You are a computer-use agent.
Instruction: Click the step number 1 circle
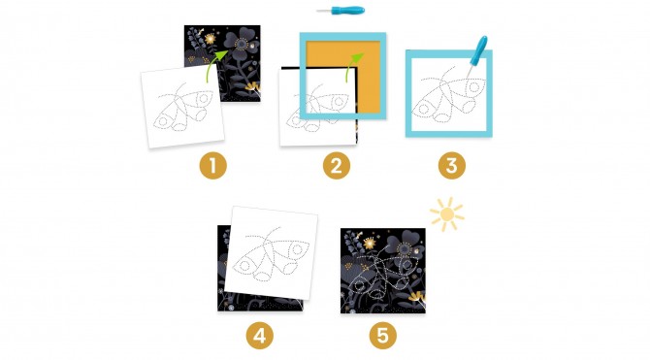coord(213,166)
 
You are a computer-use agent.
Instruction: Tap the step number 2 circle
coord(337,166)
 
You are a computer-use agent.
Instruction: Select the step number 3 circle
coord(451,166)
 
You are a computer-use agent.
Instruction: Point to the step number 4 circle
coord(259,335)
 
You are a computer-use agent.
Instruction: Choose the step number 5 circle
coord(382,335)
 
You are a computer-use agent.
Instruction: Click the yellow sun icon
coord(447,214)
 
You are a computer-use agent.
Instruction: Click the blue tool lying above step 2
coord(341,11)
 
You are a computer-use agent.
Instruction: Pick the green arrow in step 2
coord(353,66)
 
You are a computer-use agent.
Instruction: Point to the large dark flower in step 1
coord(241,44)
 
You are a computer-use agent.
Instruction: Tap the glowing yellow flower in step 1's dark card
coord(211,39)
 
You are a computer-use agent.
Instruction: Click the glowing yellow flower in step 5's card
coord(369,243)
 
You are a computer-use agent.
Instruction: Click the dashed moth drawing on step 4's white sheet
coord(271,254)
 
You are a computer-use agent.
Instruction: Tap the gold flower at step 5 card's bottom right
coord(416,298)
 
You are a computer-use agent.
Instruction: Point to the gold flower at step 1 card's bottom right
coord(252,87)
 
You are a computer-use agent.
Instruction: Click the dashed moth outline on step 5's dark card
coord(382,274)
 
